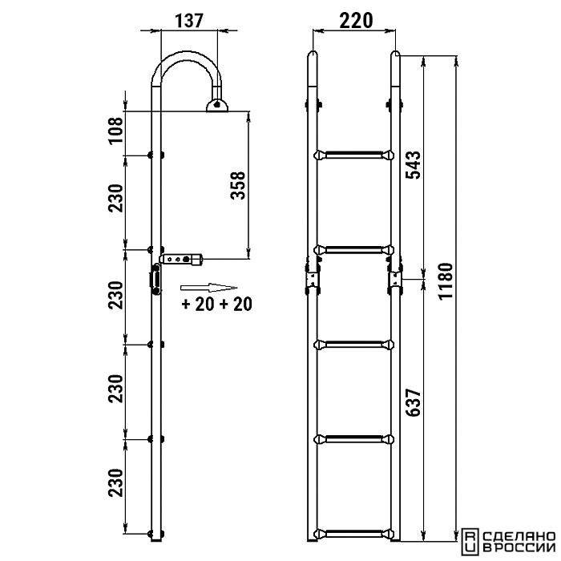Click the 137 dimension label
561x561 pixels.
point(189,21)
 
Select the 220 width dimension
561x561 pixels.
point(356,21)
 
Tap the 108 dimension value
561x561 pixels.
point(116,130)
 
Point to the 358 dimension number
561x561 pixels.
point(238,185)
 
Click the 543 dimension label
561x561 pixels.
point(414,165)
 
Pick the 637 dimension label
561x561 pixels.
point(414,402)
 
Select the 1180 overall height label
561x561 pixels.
point(446,280)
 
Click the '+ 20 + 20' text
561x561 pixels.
point(217,304)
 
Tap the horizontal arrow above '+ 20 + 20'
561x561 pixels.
point(208,288)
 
